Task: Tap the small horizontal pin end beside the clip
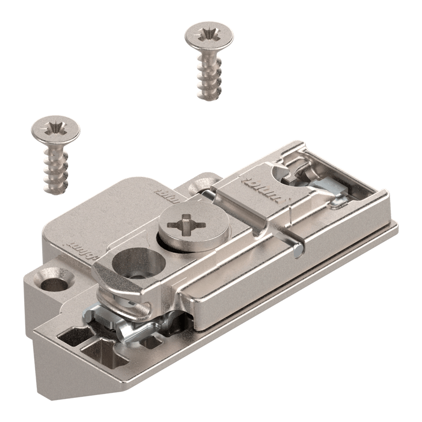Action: click(298, 251)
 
